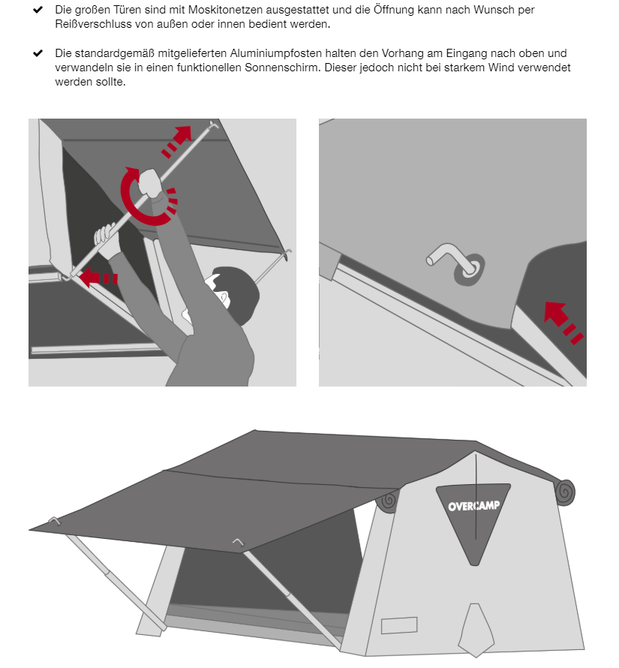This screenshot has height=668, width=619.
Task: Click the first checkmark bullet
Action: pos(38,9)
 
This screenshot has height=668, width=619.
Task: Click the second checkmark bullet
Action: pos(38,53)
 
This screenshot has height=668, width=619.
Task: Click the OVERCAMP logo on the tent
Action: pos(473,506)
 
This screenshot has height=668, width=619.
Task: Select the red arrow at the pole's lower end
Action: pos(98,278)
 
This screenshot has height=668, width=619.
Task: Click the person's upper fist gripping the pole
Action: pos(150,182)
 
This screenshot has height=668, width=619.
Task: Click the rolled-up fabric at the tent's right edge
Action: pos(565,492)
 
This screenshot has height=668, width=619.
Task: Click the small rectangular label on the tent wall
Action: pos(399,625)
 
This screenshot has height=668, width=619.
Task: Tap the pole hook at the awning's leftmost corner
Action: pos(55,521)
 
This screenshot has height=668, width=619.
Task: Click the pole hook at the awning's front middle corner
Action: pos(238,542)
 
